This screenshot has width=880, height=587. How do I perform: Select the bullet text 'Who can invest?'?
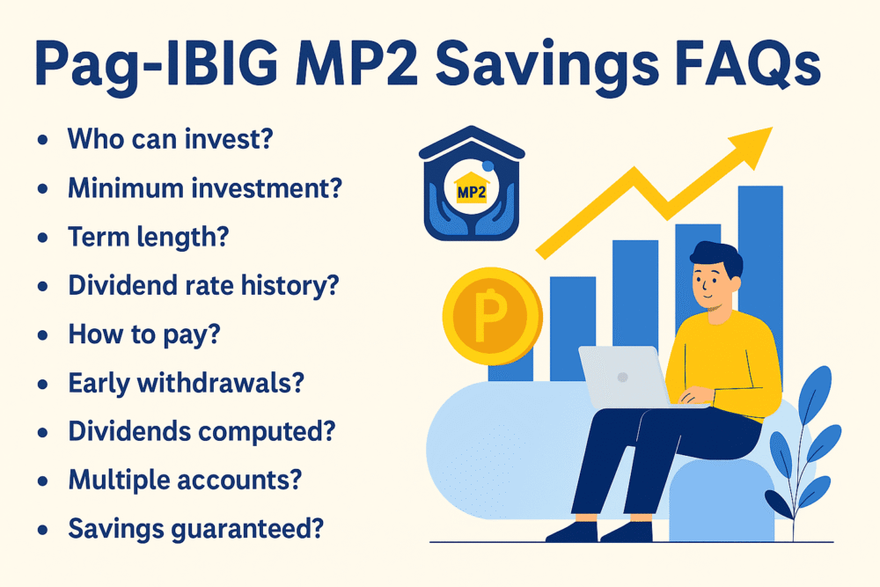click(x=170, y=139)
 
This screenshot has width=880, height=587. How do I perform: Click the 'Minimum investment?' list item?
click(x=205, y=187)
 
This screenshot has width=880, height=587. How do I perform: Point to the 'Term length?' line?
click(x=149, y=237)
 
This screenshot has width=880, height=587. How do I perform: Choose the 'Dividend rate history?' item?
click(x=204, y=285)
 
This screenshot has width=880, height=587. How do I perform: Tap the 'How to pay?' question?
click(x=144, y=334)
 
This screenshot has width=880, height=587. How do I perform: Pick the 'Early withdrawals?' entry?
click(x=186, y=383)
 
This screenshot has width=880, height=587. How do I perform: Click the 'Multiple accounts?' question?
click(x=185, y=480)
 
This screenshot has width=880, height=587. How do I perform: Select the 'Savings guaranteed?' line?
click(x=196, y=529)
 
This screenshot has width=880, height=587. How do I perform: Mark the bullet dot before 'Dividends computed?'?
click(x=42, y=432)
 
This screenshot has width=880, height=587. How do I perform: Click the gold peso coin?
click(x=492, y=316)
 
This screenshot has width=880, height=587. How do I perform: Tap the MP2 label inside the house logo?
click(x=472, y=193)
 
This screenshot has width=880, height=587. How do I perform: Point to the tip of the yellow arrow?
click(x=773, y=128)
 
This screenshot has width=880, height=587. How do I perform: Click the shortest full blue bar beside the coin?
click(x=573, y=328)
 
